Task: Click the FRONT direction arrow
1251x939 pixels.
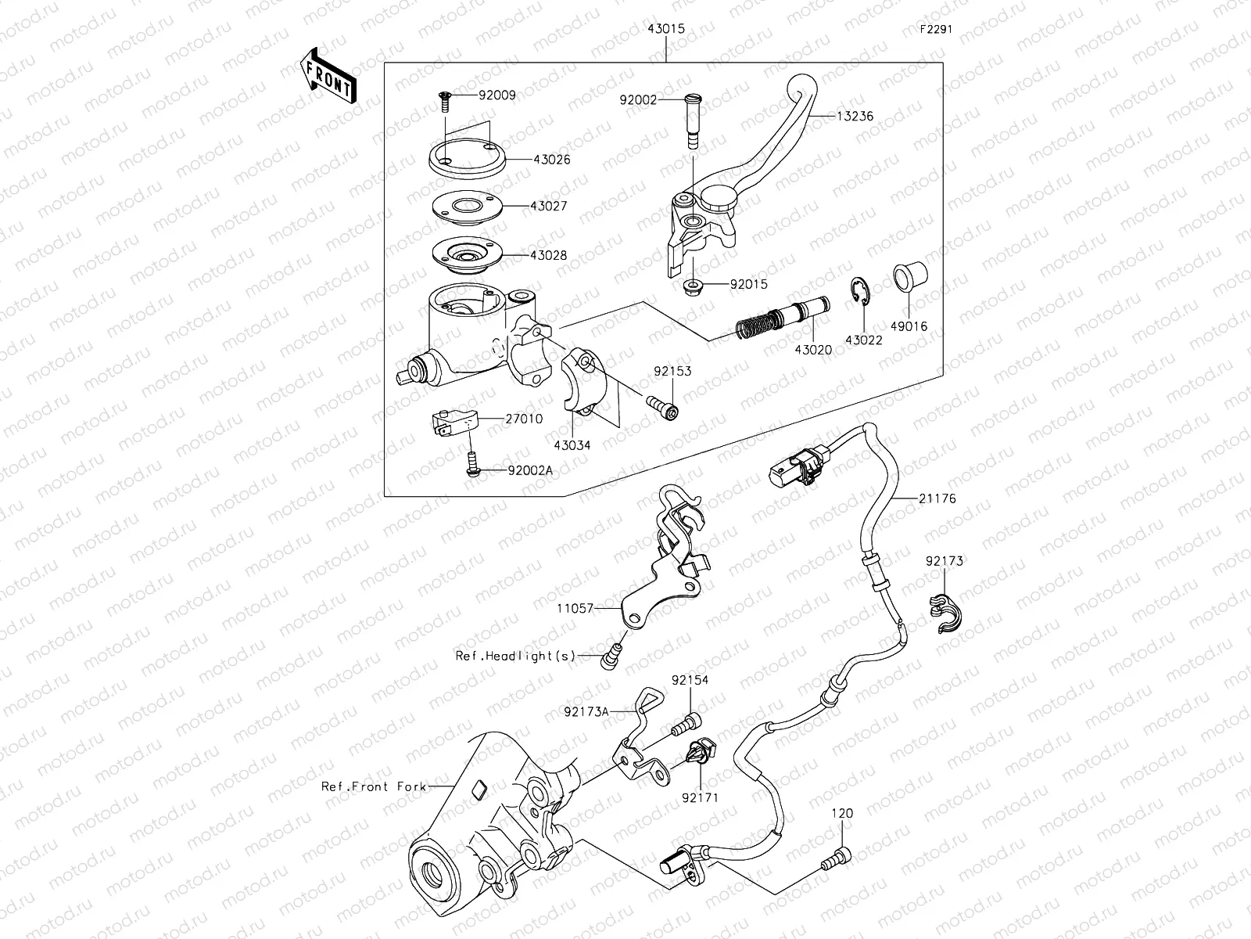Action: (328, 75)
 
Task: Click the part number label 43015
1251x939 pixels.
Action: (665, 28)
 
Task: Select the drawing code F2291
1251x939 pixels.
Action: (936, 29)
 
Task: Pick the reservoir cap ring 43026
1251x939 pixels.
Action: (466, 159)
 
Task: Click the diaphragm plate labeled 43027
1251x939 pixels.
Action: (466, 207)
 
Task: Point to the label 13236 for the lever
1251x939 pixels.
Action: (854, 116)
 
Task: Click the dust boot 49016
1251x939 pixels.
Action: (910, 279)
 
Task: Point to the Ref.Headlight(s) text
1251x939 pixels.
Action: (515, 656)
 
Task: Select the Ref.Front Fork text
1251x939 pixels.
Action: (374, 786)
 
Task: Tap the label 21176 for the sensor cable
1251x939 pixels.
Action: (937, 498)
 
